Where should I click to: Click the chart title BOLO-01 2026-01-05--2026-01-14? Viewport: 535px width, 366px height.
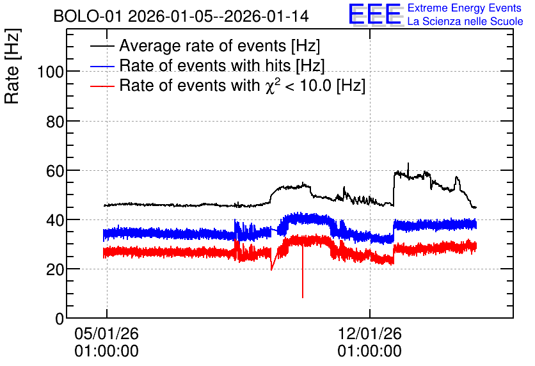tap(181, 16)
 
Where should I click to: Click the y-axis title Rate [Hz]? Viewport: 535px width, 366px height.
tap(12, 66)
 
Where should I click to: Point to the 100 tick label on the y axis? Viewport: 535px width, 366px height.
tap(51, 72)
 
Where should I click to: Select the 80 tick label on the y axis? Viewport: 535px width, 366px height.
tap(55, 122)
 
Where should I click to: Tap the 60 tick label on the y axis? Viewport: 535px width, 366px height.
tap(55, 171)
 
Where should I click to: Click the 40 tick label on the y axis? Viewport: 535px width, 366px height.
tap(55, 220)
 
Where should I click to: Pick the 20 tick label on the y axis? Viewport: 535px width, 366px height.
tap(55, 270)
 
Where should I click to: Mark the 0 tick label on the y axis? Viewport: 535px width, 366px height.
tap(60, 319)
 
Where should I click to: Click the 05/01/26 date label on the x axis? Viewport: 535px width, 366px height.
tap(106, 333)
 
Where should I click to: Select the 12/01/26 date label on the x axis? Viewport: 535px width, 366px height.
tap(369, 333)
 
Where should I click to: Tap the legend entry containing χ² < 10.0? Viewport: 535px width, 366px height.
tap(243, 85)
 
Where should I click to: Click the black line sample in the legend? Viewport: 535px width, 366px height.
tap(102, 46)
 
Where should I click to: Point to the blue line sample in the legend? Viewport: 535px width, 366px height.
tap(102, 66)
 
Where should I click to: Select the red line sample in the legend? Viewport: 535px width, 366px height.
tap(102, 86)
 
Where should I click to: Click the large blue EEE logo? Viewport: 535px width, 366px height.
tap(374, 14)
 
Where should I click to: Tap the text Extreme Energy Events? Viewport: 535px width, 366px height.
tap(465, 8)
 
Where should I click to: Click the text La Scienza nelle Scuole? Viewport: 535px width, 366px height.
tap(465, 21)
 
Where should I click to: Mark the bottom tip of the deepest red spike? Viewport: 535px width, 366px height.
tap(303, 298)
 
